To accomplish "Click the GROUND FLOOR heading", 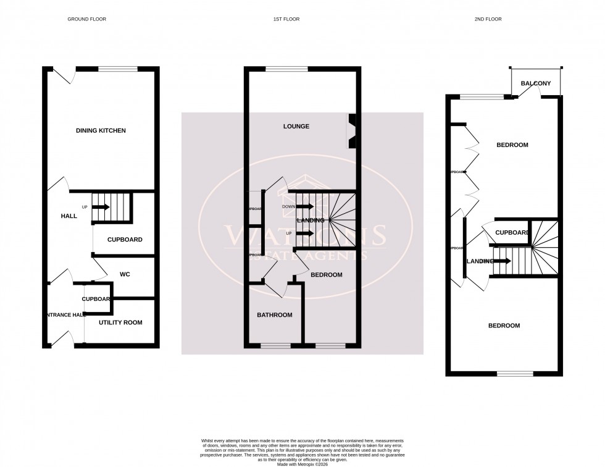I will [86, 19].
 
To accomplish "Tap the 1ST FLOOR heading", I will [286, 19].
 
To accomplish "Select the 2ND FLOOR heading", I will [488, 19].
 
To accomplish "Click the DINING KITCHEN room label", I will [101, 131].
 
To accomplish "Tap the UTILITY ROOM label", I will [120, 322].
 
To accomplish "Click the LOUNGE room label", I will [296, 127].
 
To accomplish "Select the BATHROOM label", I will [275, 315].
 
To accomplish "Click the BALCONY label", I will [536, 83].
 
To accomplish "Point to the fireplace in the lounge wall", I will [353, 131].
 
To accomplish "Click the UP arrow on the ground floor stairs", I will [101, 207].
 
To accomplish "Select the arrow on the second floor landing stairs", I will [501, 261].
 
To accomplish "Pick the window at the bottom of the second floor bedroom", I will [515, 373].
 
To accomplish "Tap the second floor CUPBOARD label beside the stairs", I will [512, 232].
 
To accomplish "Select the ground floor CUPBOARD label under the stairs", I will [125, 240].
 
